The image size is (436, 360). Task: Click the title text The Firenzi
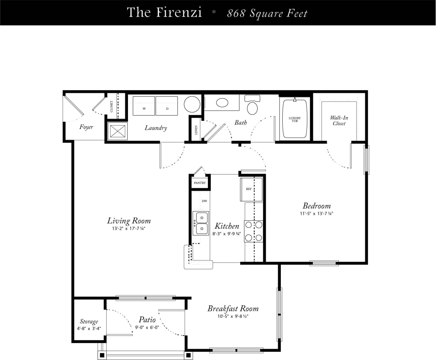coord(164,12)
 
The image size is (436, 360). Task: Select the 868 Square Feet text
coord(267,14)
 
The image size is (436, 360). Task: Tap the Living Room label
coord(129,221)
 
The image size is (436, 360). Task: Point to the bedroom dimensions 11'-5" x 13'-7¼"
coord(316,213)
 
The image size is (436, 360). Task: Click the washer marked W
coord(144,106)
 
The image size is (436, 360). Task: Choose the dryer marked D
coord(167,106)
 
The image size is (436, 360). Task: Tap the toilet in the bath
coord(252,106)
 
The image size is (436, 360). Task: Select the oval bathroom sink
coord(222,103)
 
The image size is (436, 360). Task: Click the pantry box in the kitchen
coord(200,183)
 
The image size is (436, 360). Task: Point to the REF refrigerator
coord(249,189)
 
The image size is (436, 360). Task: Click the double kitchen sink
coord(201,223)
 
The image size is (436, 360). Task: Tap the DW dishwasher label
coord(204,201)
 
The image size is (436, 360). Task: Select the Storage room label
coord(89,322)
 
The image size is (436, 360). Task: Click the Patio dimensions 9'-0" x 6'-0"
coord(147,327)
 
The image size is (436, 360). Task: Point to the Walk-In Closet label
coord(339,120)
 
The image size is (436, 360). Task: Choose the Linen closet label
coord(196,130)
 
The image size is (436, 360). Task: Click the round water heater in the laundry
coord(192,104)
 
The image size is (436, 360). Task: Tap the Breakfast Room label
coord(233,309)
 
